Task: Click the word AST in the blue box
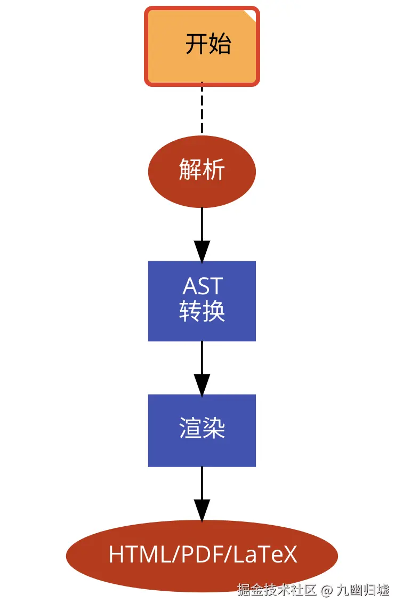click(x=202, y=287)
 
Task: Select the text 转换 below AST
click(x=202, y=311)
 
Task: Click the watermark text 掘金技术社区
click(x=277, y=590)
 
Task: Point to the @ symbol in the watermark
click(x=326, y=590)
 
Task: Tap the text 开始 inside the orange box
click(x=208, y=44)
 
